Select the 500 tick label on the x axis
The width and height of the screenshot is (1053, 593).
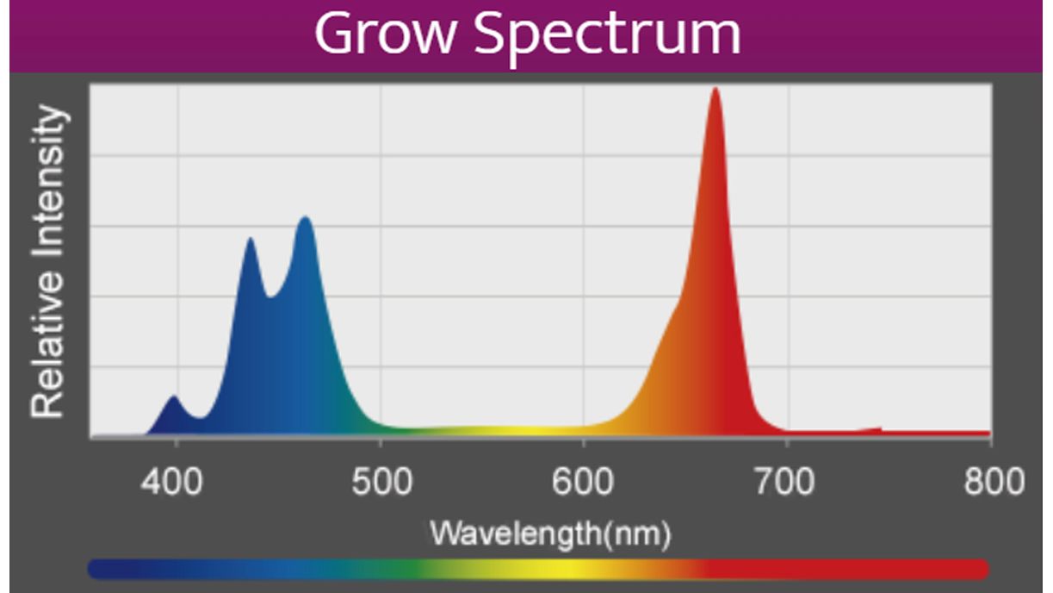[x=380, y=482]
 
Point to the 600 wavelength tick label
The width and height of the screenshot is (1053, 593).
[x=584, y=482]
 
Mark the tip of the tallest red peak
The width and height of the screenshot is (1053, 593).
[x=715, y=90]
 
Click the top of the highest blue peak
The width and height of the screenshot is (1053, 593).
[x=304, y=219]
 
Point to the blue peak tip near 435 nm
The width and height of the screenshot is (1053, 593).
[x=250, y=240]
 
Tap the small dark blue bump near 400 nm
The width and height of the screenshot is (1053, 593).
[x=174, y=398]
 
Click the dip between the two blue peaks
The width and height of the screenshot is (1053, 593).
[x=271, y=296]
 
